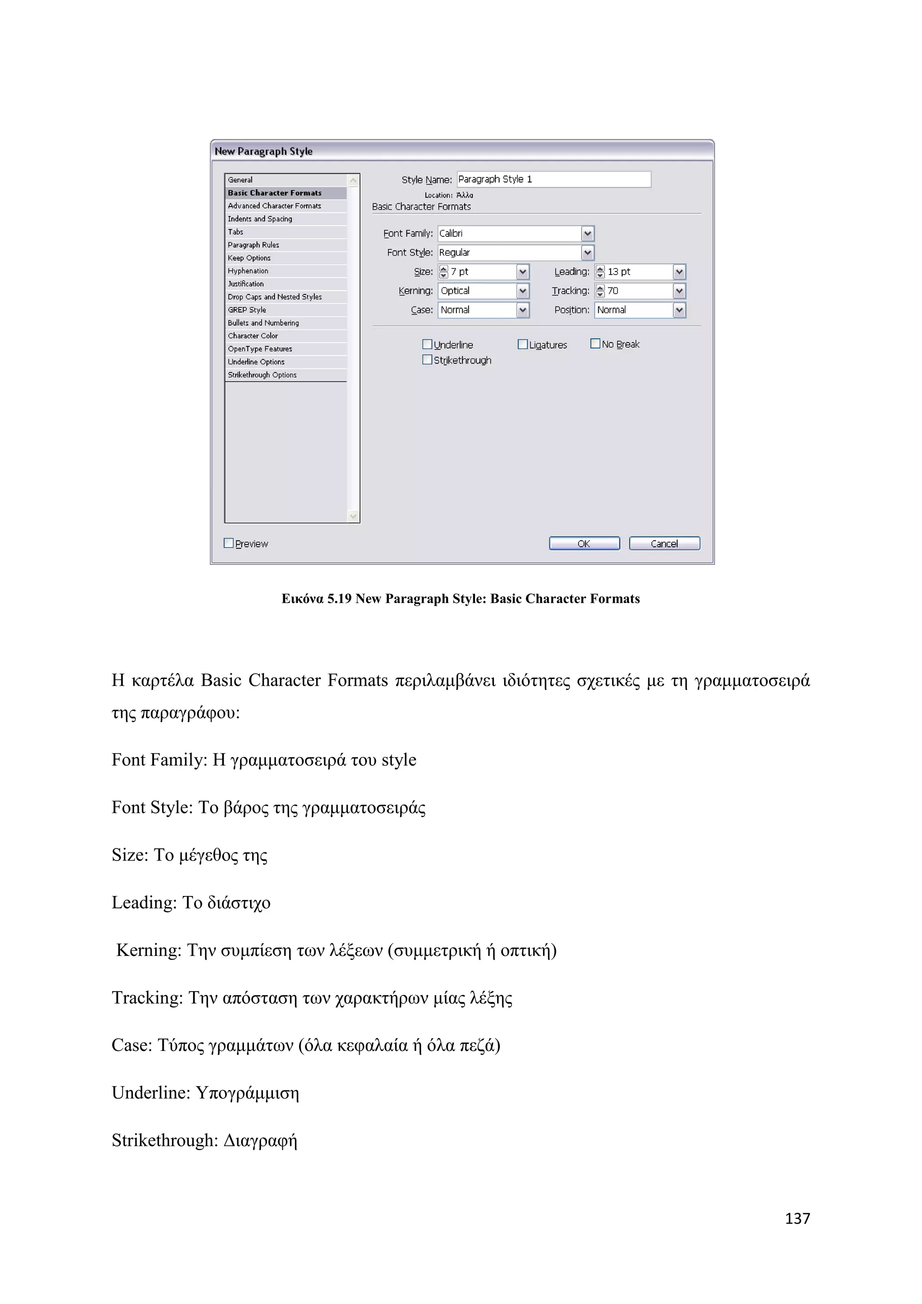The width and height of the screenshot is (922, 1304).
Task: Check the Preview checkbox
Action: tap(229, 543)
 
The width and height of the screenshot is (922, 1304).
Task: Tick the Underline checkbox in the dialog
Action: tap(427, 344)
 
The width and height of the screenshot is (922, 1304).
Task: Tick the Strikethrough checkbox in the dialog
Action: tap(427, 359)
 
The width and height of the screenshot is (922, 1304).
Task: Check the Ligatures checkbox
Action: tap(522, 344)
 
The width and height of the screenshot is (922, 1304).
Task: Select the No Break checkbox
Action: tap(595, 344)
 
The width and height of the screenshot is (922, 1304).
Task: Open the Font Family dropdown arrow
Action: tap(588, 233)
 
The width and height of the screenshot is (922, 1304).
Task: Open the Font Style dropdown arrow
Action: tap(588, 253)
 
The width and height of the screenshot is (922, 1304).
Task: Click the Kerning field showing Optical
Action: tap(477, 291)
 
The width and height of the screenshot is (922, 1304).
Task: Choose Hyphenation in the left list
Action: tap(248, 271)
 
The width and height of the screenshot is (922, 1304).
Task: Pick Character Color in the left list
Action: tap(253, 335)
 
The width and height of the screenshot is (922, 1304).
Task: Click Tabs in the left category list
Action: tap(235, 232)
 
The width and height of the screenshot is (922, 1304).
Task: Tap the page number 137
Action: tap(797, 1219)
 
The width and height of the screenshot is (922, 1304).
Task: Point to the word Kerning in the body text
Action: tap(149, 950)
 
